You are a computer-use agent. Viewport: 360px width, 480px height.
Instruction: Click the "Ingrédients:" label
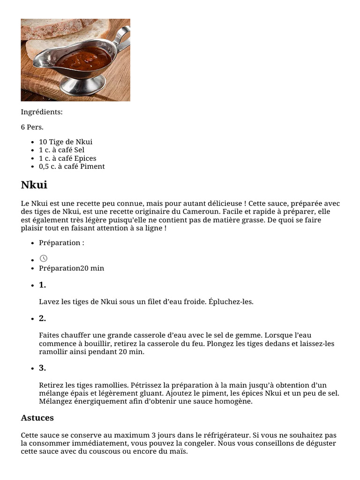(42, 112)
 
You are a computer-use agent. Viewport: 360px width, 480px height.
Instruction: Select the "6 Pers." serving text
(32, 127)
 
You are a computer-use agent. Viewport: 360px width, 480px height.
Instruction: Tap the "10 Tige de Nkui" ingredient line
(66, 142)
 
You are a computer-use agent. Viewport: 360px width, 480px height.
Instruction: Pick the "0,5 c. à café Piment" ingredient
(72, 166)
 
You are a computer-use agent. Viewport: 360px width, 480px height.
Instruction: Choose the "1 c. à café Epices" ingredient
(67, 158)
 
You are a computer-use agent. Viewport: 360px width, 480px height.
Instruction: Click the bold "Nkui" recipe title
(34, 185)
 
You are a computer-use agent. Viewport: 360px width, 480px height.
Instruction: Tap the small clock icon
(44, 258)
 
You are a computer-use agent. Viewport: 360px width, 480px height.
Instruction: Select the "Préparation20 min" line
(71, 268)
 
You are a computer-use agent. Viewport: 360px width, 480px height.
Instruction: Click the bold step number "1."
(42, 285)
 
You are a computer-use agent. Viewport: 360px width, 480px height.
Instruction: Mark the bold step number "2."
(42, 318)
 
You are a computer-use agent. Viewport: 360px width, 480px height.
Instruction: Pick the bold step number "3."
(42, 368)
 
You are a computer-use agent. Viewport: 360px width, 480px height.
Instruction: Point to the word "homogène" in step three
(233, 401)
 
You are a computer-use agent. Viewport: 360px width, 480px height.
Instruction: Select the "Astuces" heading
(37, 418)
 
